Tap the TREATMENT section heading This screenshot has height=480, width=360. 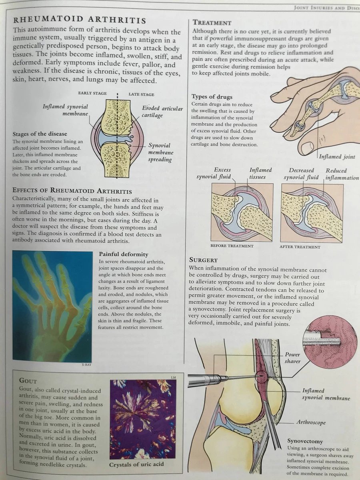[212, 23]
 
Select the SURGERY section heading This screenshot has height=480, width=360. [204, 260]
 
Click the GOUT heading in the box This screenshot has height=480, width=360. [28, 381]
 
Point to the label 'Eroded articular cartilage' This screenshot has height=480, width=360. [162, 112]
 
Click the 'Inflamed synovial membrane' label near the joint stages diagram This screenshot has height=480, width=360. [66, 110]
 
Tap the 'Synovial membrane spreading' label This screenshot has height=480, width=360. [161, 152]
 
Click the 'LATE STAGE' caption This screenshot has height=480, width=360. [141, 94]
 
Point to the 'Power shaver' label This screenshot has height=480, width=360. [292, 358]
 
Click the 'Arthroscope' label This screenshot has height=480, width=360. [311, 422]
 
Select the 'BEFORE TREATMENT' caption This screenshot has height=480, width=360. [232, 246]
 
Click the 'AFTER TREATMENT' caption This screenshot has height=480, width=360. [300, 247]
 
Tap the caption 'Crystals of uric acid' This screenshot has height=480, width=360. [136, 464]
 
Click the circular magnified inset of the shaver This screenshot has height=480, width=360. [330, 342]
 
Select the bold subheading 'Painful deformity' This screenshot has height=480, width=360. [124, 254]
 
